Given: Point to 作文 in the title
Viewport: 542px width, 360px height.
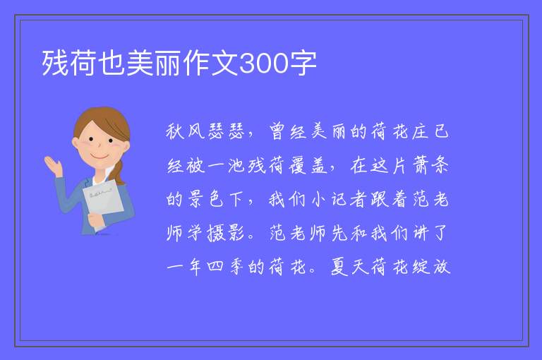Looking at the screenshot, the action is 211,64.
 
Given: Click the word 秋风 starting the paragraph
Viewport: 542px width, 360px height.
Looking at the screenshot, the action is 186,131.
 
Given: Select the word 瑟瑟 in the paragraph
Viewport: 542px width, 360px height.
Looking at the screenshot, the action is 227,131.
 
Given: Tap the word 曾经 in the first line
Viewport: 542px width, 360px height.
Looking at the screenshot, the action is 288,131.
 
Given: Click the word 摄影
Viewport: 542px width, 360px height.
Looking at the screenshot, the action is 226,233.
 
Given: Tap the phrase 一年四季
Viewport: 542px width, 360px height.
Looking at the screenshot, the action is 205,267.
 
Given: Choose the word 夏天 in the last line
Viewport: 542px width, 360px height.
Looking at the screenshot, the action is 350,267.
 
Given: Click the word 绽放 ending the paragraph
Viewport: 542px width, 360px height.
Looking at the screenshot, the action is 431,267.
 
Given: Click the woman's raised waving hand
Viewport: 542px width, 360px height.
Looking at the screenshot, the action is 53,166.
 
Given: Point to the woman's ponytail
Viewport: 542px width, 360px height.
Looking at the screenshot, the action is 119,172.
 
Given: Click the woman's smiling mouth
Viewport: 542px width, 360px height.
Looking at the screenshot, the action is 99,157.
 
